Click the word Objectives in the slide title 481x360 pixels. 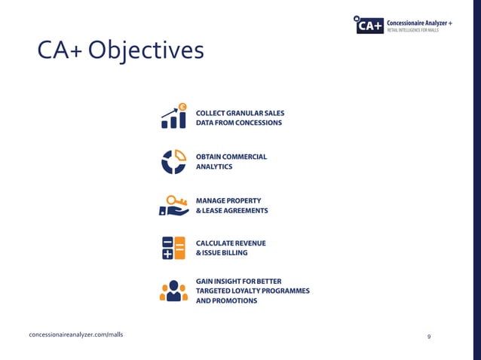[146, 51]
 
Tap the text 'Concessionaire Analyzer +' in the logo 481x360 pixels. [419, 23]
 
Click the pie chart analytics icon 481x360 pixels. [173, 161]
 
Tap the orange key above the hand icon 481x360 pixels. [176, 200]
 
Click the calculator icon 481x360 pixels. [173, 248]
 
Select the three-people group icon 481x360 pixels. [173, 291]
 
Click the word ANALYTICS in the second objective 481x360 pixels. [214, 166]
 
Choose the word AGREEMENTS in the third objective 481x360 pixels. [243, 211]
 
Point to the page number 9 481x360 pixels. [428, 336]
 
